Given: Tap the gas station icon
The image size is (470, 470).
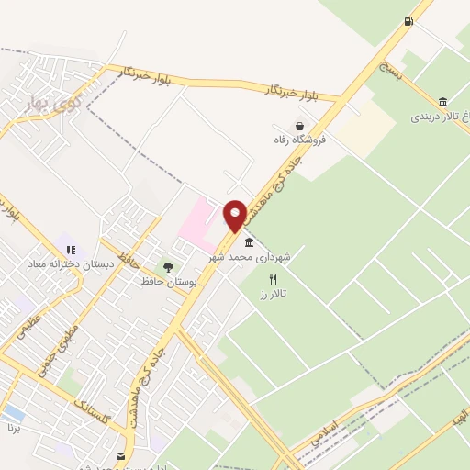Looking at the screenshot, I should coord(408,21).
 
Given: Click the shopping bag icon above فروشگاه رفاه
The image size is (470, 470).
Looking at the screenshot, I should coord(299,126).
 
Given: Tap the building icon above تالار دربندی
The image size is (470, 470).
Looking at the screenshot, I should coord(443,102).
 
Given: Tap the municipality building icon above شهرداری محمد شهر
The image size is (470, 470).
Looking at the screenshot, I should coord(250,242).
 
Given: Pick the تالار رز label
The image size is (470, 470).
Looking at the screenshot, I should coord(273,292).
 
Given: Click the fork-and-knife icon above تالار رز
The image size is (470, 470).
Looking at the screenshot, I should coord(272,278).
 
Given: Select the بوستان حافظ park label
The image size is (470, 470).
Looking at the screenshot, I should coord(164,281).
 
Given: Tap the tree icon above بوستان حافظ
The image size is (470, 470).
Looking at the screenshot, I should coord(168,267).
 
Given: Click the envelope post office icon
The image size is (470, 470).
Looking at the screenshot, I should coord(120,455).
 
